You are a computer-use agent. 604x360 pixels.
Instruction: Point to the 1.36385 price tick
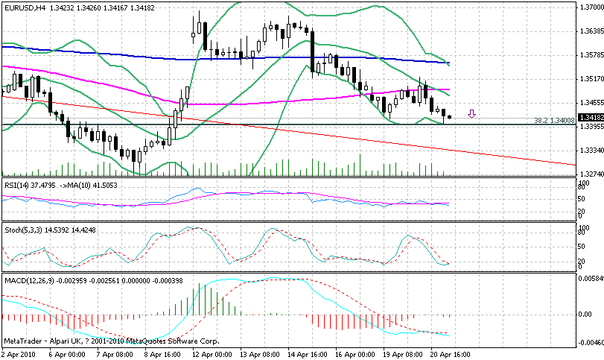tap(591, 31)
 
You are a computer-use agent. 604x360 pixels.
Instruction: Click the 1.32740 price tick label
tap(591, 174)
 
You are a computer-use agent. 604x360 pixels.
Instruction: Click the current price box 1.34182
tap(591, 117)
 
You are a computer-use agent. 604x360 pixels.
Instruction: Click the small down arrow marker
tap(471, 114)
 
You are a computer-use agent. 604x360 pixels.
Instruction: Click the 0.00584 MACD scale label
tap(591, 278)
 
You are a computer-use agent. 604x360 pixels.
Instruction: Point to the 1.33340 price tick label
tap(591, 150)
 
